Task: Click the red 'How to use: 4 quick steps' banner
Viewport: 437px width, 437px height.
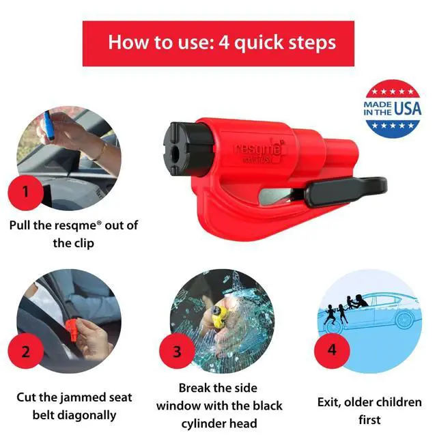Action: pos(218,42)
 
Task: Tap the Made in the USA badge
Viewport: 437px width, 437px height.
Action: pos(393,109)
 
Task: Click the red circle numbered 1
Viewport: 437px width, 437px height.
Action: pos(26,191)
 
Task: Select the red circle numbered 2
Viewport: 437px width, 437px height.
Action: pos(26,352)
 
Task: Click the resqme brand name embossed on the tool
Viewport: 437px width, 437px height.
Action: pos(258,149)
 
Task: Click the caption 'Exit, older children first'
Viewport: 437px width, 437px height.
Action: pos(369,410)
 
